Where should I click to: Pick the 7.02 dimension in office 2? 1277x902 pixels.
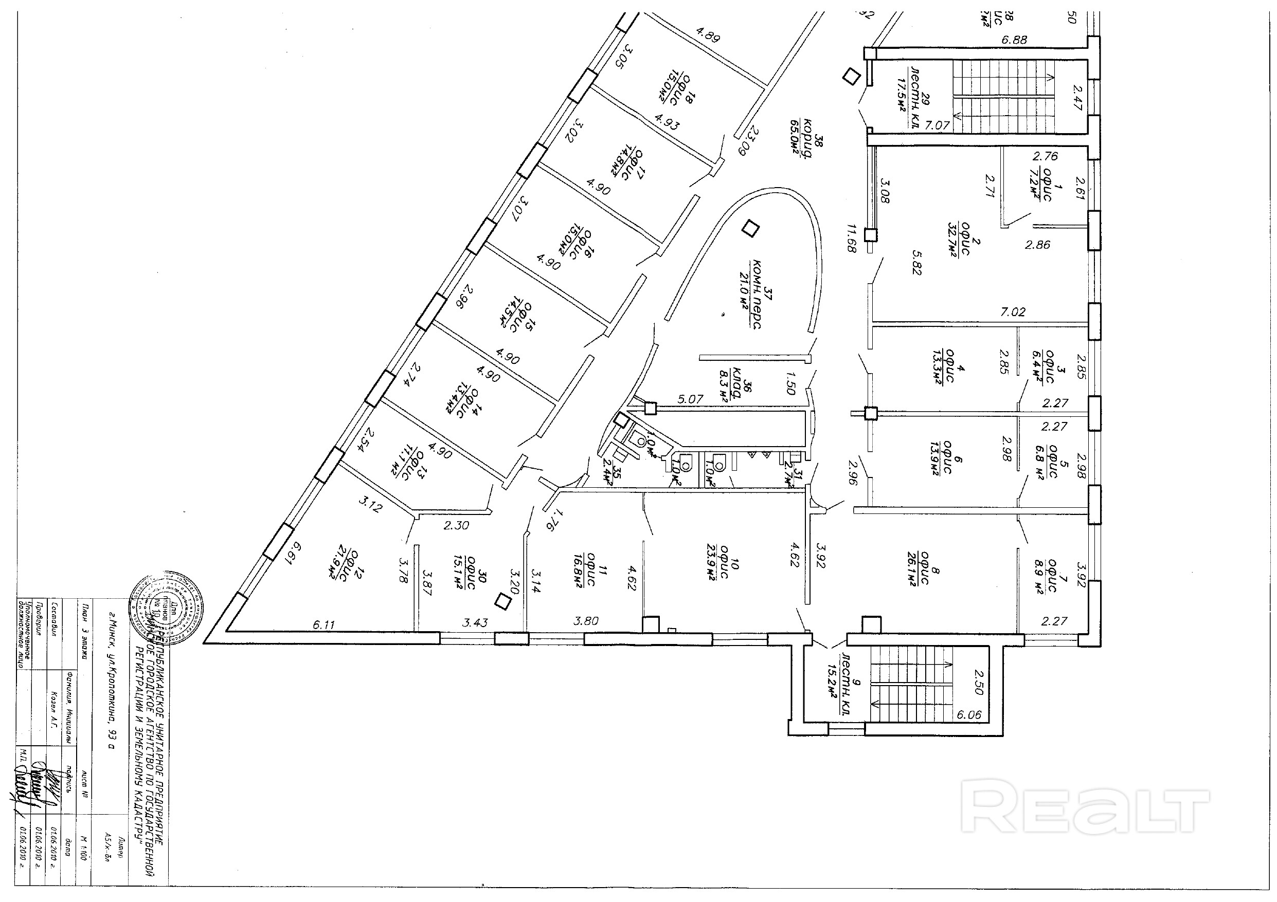point(1012,312)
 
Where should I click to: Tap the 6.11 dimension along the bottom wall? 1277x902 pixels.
point(323,624)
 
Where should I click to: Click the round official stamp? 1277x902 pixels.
point(166,606)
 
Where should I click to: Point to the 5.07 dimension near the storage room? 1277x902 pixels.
point(690,399)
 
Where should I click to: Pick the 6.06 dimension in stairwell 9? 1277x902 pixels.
point(969,715)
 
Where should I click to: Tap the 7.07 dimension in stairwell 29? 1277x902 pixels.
point(937,125)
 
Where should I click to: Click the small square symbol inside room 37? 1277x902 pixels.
point(752,228)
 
